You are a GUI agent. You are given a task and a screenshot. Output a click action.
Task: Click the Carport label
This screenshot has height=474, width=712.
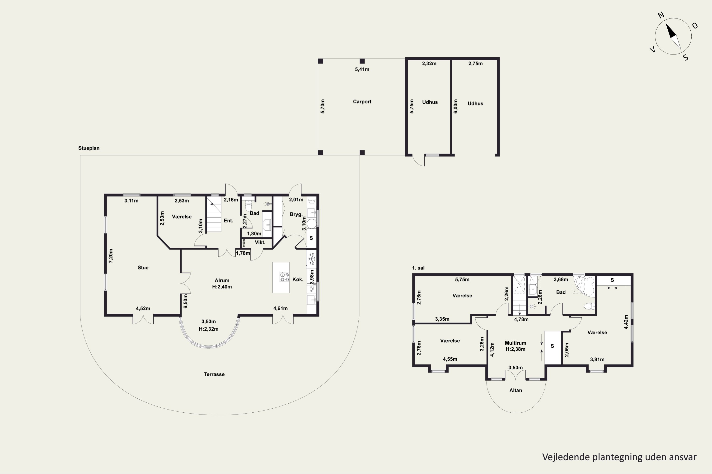point(362,102)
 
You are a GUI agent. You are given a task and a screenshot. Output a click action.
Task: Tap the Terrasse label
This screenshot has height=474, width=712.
point(214,374)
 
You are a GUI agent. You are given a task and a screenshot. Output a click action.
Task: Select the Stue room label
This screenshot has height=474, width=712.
point(143,268)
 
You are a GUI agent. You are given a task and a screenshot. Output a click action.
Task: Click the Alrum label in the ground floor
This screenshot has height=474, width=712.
point(222,280)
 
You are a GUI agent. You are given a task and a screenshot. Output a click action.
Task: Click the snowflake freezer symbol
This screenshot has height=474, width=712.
point(311,259)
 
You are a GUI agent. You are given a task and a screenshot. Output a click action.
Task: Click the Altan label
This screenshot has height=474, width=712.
point(515,390)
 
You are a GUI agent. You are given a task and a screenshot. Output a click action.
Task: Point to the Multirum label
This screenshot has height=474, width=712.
point(515,343)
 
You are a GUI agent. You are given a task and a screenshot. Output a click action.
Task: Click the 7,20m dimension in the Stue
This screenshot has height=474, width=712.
point(111,256)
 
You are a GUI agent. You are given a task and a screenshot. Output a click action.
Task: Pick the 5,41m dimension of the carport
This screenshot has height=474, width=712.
point(362,69)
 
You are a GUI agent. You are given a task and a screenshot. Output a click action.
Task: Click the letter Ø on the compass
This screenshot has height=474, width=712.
point(695,26)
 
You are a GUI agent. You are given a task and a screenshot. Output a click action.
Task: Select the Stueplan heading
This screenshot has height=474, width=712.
point(89,148)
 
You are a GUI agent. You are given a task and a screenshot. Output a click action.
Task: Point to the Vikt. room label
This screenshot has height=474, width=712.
point(260,242)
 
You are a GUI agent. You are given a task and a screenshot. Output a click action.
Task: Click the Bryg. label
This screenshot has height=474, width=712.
point(296,214)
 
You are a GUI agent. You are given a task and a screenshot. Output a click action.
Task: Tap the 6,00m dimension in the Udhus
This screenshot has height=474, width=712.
point(456,106)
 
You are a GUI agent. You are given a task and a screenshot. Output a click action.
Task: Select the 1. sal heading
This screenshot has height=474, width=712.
point(418,268)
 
